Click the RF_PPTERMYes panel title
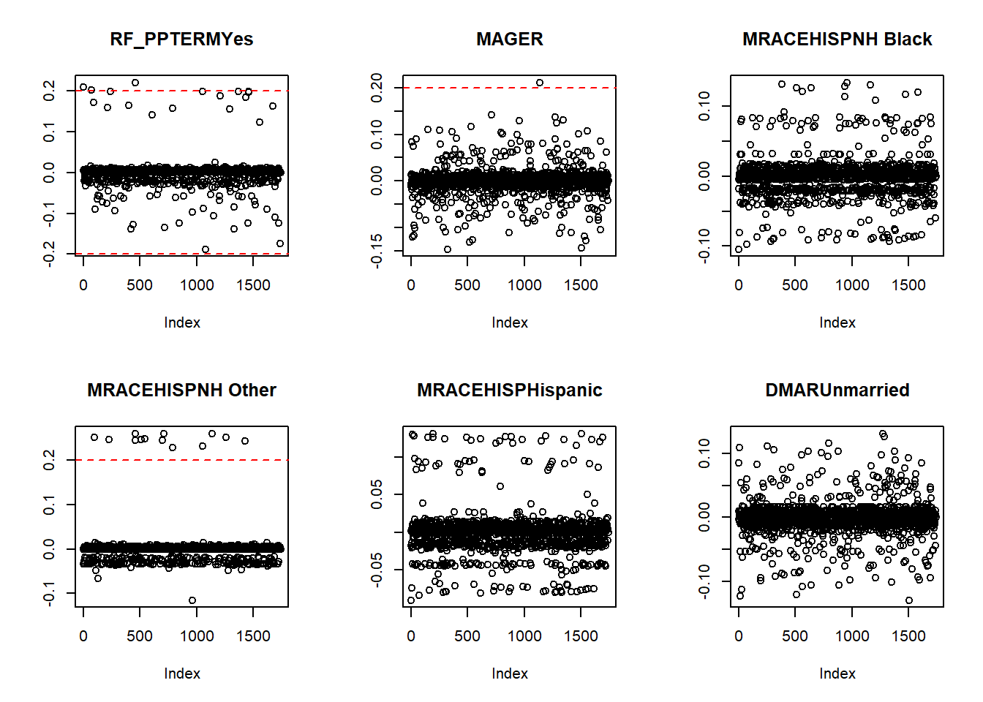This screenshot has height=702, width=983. (181, 39)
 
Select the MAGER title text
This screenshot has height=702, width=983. (509, 39)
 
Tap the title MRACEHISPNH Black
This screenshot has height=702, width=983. (837, 39)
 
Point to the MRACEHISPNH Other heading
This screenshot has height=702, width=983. (181, 390)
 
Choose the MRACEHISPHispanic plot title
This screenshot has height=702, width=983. (509, 390)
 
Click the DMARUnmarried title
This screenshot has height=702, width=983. (837, 390)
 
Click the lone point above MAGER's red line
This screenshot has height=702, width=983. (540, 83)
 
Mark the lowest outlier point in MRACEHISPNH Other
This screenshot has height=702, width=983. (192, 600)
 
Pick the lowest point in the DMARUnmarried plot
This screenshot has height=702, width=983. (909, 600)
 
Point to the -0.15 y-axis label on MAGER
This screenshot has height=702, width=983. (377, 251)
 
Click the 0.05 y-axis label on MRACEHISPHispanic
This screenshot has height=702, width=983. (377, 494)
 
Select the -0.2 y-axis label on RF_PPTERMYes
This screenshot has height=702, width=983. (49, 254)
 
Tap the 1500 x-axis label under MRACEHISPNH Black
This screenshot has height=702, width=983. (908, 285)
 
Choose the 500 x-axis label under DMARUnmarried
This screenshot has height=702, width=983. (795, 636)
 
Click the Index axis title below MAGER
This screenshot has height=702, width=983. (509, 322)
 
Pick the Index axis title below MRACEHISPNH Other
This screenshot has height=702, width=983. (181, 673)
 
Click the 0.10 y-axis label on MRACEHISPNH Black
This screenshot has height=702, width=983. (704, 106)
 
